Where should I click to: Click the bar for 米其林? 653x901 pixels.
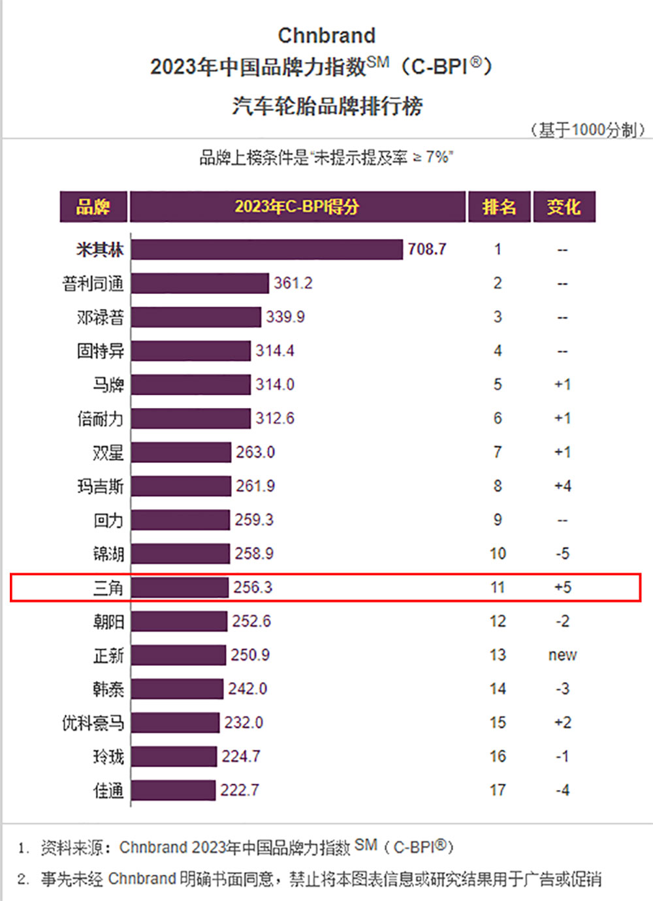point(266,249)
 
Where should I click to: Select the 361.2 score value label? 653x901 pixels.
point(293,283)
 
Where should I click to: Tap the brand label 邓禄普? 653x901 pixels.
point(100,317)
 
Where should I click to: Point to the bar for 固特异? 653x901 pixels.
point(191,351)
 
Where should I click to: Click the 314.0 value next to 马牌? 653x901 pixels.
point(274,385)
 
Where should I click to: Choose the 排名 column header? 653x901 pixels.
point(499,207)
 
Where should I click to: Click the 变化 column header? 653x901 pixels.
point(564,207)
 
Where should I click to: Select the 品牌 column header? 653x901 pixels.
point(93,207)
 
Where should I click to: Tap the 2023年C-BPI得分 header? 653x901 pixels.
point(297,207)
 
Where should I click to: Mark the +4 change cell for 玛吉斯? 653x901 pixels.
point(562,486)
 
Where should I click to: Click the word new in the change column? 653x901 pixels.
point(562,655)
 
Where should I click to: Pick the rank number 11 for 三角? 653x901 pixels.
point(498,588)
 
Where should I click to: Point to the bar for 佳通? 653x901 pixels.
point(173,790)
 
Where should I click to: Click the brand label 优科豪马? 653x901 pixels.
point(93,723)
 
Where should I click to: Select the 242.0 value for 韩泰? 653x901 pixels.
point(247,689)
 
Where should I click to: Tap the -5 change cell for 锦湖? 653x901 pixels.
point(562,554)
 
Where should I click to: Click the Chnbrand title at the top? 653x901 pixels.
point(326,35)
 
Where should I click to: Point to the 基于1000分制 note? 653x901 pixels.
point(588,130)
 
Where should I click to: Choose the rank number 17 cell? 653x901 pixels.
point(498,790)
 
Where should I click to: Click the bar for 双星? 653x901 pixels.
point(181,452)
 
